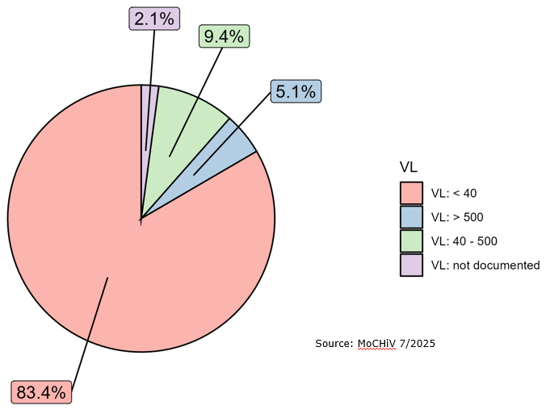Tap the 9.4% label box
coord(224,36)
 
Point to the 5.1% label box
coord(295,91)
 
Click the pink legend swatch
coord(411,194)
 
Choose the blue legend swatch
coord(411,217)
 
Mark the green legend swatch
coord(411,240)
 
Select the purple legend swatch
coord(411,265)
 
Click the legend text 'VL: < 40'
coord(454,194)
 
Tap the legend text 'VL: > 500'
coord(457,217)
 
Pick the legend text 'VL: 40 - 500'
coord(464,240)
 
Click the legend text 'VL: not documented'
coord(485,265)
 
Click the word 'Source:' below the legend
coord(334,344)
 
